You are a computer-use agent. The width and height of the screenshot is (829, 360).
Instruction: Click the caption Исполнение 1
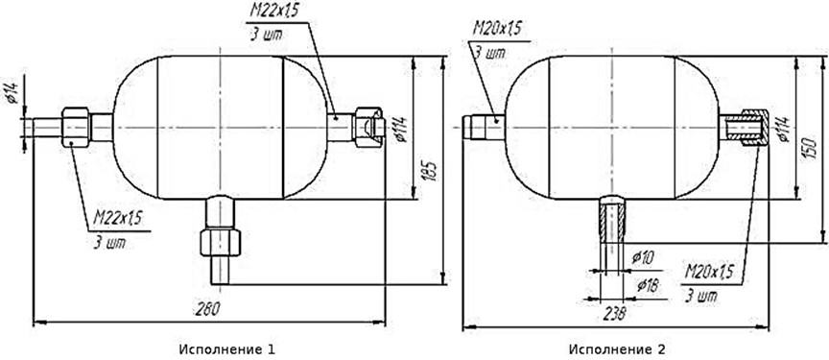tap(227, 349)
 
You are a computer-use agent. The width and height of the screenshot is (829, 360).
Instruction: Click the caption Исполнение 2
tap(617, 349)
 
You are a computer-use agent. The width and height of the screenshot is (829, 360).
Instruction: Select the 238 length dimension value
tap(613, 313)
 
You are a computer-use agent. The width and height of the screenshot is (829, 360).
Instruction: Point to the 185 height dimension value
tap(432, 171)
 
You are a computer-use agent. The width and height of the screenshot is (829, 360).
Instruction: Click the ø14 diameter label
tap(13, 93)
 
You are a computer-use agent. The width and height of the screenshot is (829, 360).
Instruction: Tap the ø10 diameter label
tap(643, 258)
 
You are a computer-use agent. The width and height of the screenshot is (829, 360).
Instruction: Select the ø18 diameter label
tap(648, 286)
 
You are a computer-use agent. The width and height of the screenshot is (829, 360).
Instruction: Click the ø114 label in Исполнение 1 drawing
tap(400, 129)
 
